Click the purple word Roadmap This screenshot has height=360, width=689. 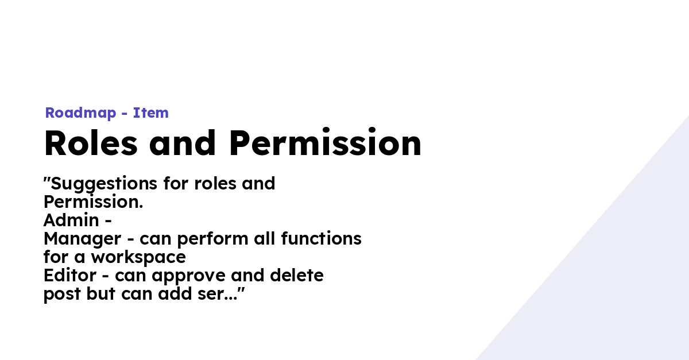coord(80,113)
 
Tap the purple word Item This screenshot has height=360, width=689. coord(151,113)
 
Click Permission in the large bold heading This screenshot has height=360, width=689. coord(326,144)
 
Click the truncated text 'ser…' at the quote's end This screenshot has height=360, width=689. coord(224,295)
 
